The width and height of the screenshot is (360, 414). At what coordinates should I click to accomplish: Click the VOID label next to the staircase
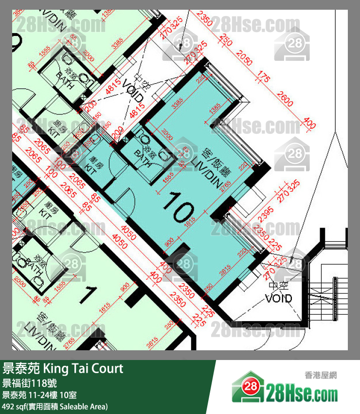point(278,294)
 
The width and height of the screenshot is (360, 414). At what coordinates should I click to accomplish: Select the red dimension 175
point(264,78)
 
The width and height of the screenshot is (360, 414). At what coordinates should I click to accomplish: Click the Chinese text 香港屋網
point(321,375)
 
